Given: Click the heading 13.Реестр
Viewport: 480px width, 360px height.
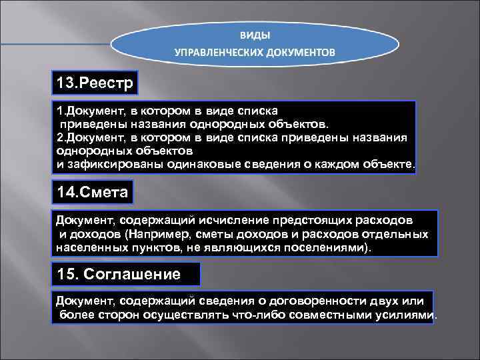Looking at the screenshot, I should pos(95,84).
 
